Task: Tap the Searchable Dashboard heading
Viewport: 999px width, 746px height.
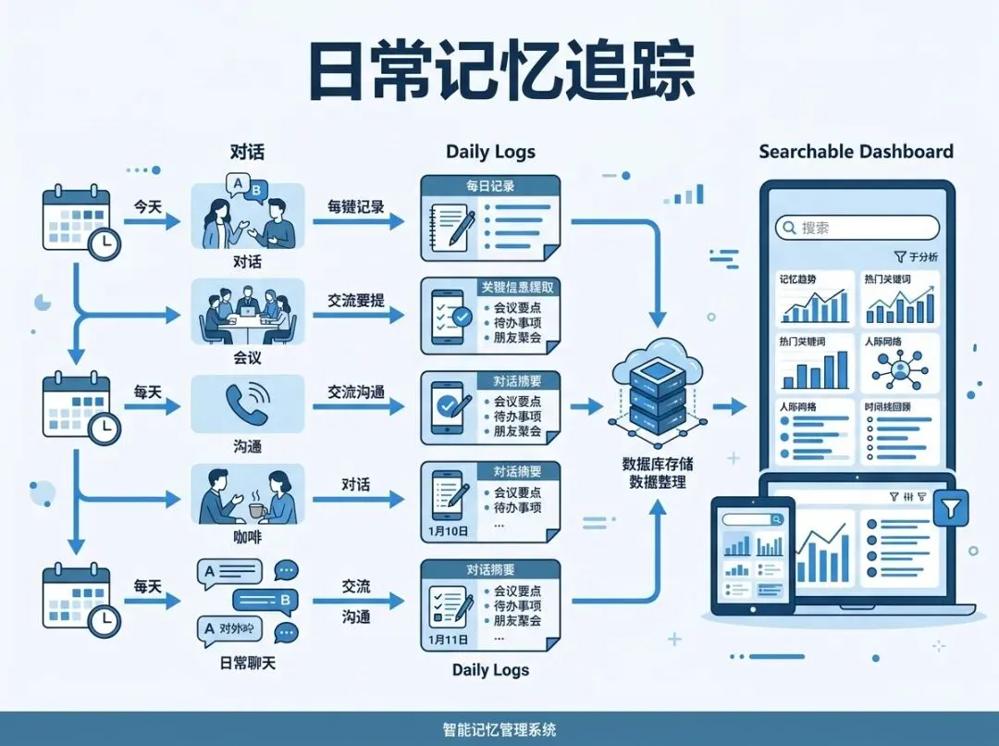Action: click(x=856, y=152)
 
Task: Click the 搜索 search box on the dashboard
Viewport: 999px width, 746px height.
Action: click(x=857, y=228)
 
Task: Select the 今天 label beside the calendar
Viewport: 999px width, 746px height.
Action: click(x=148, y=206)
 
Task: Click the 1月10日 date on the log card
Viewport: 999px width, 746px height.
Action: click(x=450, y=531)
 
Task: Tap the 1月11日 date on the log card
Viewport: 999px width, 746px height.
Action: click(x=450, y=639)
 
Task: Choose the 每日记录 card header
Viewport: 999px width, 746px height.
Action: click(x=490, y=186)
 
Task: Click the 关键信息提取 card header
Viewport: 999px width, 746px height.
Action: click(x=518, y=288)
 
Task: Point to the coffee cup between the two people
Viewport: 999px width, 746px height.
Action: click(x=255, y=509)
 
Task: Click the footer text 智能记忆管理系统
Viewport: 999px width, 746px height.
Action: click(x=499, y=729)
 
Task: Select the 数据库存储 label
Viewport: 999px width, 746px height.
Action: click(x=658, y=464)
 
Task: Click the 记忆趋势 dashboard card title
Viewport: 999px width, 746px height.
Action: click(x=800, y=279)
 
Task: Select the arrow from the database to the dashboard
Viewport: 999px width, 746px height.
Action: click(x=730, y=405)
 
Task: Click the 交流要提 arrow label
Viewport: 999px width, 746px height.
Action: click(x=355, y=301)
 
